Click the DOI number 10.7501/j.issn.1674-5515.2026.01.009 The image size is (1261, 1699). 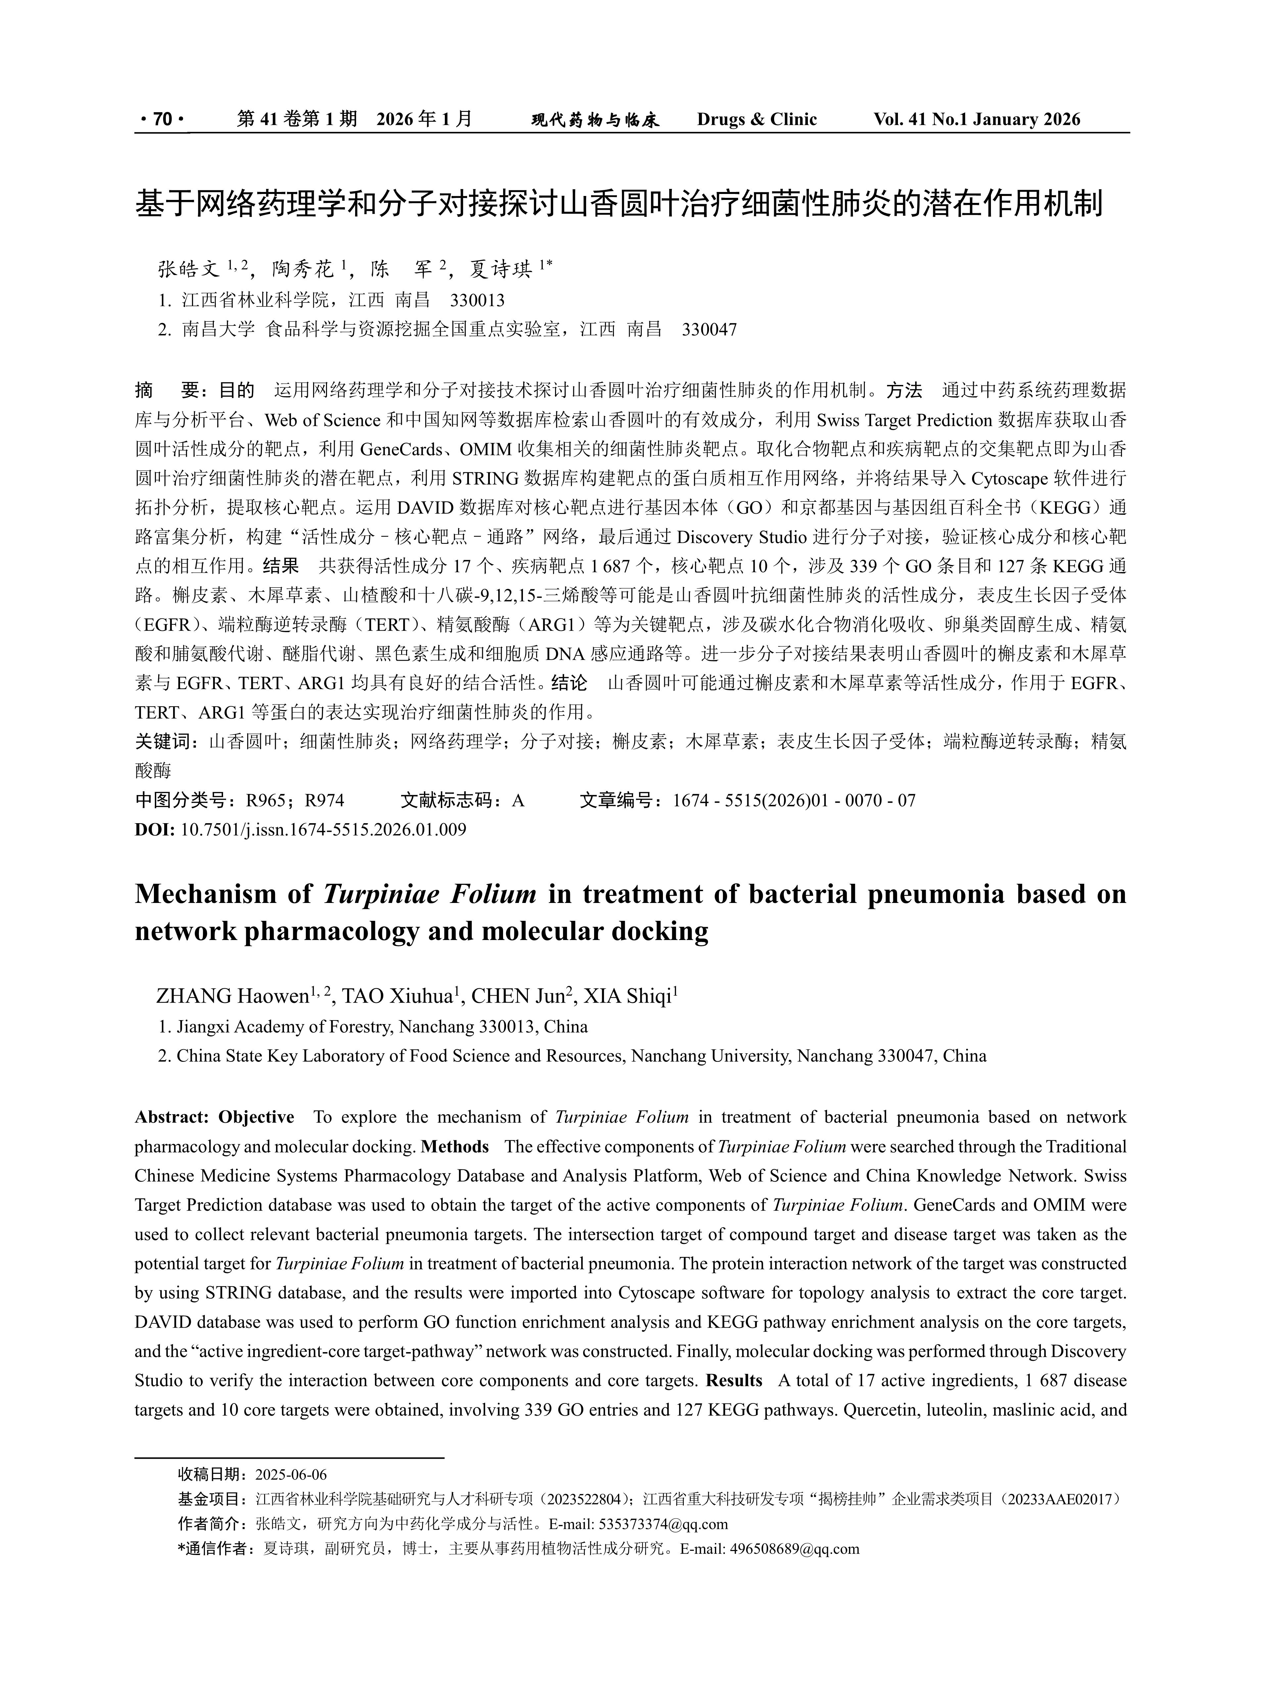(x=323, y=830)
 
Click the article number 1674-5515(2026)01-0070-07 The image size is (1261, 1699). (x=794, y=801)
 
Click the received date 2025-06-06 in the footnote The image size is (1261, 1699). (x=291, y=1475)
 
